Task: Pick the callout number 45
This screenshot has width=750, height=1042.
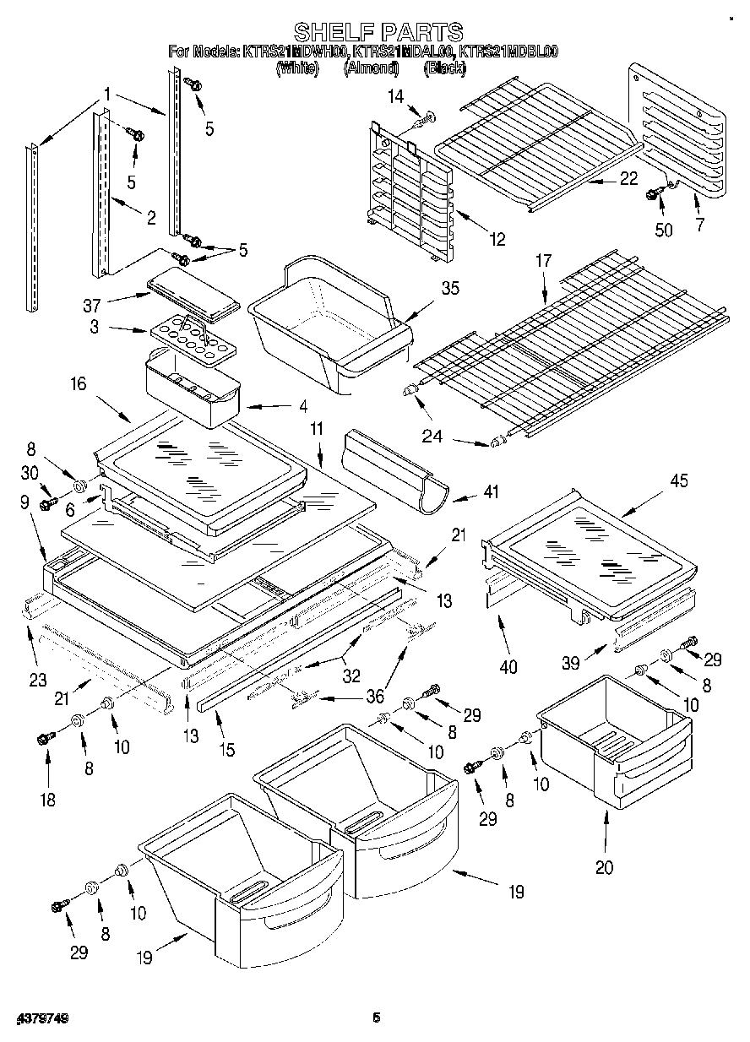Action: coord(678,481)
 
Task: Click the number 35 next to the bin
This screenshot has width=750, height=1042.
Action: coord(450,289)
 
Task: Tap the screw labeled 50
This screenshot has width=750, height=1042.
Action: coord(653,195)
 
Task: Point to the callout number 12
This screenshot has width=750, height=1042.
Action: coord(497,239)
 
